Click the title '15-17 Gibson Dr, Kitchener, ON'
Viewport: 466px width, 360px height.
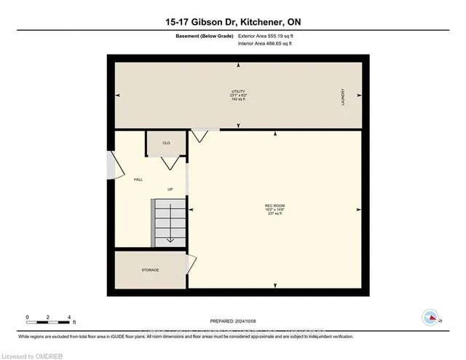(x=232, y=23)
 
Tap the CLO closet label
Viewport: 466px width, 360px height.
(x=166, y=143)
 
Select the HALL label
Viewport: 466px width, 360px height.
(x=137, y=179)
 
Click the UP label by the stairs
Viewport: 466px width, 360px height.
(x=170, y=189)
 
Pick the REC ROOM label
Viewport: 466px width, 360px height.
(x=274, y=209)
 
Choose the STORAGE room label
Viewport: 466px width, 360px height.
(x=150, y=270)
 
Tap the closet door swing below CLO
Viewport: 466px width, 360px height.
(x=170, y=163)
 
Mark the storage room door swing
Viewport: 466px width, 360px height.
(x=191, y=262)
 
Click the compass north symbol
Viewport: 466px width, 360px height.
(x=431, y=317)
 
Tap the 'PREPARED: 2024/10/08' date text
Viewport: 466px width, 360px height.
(x=232, y=321)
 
